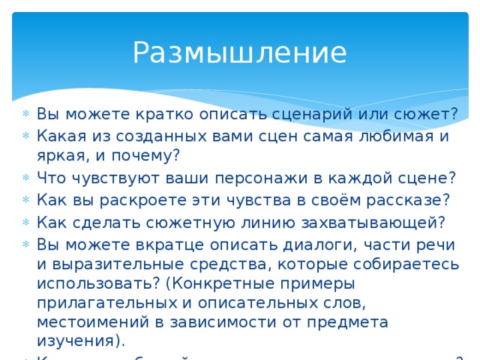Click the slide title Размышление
tap(239, 52)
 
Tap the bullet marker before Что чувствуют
tap(26, 181)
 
